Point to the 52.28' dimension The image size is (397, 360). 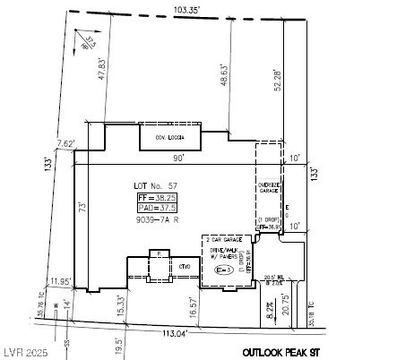tap(264, 80)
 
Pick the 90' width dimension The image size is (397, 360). tap(179, 158)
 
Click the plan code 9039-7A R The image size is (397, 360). tap(159, 219)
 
